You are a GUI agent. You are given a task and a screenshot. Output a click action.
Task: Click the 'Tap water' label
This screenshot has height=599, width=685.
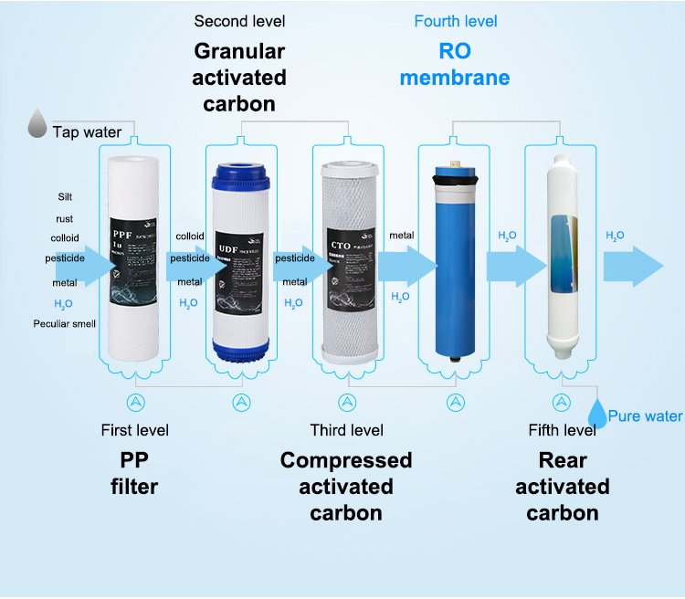click(87, 132)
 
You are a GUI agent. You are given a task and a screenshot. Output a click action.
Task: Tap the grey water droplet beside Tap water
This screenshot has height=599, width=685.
click(37, 124)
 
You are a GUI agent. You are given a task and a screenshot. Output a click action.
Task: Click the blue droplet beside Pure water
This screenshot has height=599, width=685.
click(596, 413)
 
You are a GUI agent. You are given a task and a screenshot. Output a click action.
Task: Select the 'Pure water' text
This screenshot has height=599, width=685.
click(645, 416)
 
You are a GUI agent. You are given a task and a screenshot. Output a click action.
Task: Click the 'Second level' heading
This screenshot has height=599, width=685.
click(239, 20)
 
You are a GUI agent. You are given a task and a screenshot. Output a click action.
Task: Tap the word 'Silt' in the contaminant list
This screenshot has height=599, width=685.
click(64, 196)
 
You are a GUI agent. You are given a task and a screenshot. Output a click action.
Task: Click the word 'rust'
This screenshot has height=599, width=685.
click(64, 218)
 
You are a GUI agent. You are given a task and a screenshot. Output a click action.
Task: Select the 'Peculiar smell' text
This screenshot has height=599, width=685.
click(64, 323)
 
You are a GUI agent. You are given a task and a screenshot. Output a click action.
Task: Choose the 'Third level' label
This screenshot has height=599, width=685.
click(346, 430)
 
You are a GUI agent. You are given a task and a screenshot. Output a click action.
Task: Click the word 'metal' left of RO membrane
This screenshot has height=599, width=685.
click(401, 236)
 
